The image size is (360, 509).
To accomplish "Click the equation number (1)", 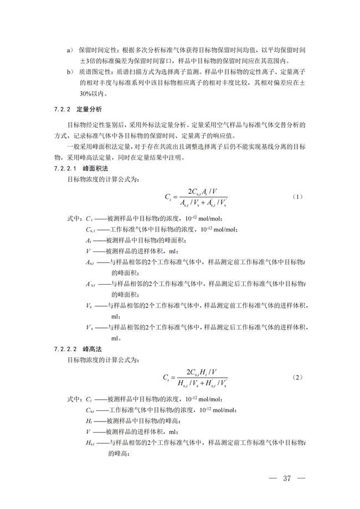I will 297,197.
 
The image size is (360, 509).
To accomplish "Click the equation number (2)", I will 297,377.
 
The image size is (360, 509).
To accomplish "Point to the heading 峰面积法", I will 95,168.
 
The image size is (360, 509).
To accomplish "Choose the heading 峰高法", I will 92,349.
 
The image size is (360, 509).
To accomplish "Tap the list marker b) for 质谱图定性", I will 70,72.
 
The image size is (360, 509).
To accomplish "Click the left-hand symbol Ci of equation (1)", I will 167,197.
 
